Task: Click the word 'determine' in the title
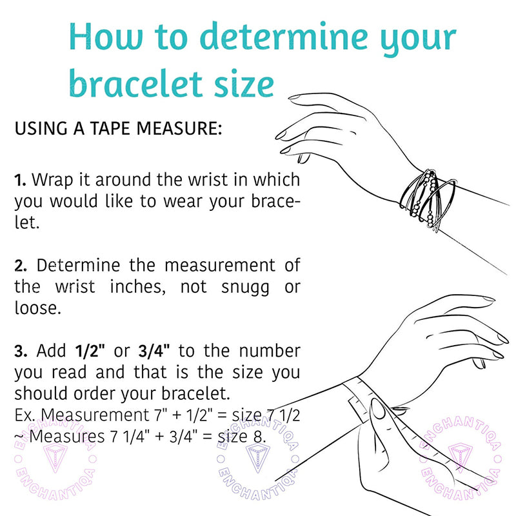284,36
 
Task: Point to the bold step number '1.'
20,181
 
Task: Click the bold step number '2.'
21,266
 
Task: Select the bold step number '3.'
21,351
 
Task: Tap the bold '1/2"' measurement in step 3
90,351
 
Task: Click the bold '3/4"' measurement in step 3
154,351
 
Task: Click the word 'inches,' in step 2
137,286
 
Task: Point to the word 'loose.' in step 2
38,308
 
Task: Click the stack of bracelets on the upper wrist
428,200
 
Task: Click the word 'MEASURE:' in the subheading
179,128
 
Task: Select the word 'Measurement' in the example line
95,415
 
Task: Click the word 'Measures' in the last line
67,437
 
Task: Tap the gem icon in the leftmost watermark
55,457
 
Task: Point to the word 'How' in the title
106,36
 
